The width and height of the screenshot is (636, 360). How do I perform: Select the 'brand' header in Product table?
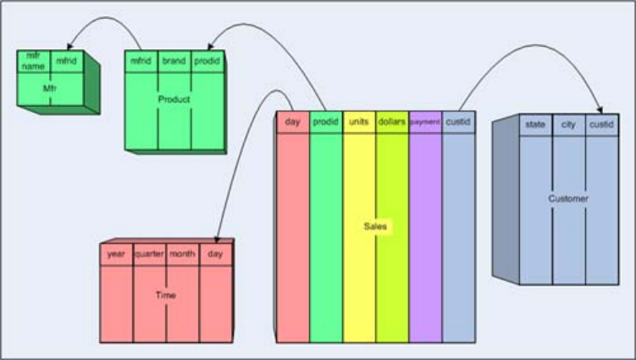point(174,61)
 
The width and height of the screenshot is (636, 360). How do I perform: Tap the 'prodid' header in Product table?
point(207,61)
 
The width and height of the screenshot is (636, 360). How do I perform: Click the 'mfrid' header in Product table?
point(141,61)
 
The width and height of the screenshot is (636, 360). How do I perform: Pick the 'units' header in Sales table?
point(359,122)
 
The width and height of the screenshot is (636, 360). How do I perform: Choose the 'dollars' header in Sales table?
point(392,122)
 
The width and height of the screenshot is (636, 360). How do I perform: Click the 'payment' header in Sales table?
point(425,122)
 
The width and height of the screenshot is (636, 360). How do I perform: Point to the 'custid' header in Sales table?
point(458,122)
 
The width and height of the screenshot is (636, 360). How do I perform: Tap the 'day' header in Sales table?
point(293,122)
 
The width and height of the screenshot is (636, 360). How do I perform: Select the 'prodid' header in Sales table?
point(326,122)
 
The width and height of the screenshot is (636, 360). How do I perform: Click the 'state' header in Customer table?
point(535,125)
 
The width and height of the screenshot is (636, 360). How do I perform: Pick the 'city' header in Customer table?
point(568,125)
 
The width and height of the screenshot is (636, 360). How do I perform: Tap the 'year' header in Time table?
point(116,253)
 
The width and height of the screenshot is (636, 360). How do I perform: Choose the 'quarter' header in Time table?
point(149,253)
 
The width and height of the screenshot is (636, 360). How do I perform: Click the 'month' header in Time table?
point(182,253)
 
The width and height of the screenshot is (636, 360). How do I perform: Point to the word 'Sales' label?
point(375,227)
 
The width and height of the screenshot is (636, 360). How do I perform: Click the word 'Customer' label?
point(568,199)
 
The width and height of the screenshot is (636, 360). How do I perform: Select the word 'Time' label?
point(165,296)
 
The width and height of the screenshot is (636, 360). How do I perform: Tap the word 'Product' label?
point(174,99)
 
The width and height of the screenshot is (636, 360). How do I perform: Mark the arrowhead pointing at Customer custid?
point(600,110)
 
